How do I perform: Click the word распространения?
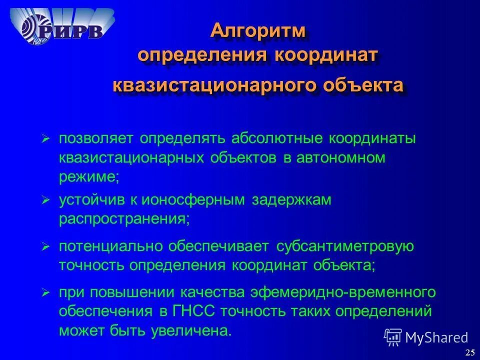[124, 218]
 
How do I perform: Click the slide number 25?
[469, 352]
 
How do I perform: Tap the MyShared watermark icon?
[393, 337]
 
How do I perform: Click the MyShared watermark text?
[437, 337]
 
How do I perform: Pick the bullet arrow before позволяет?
[45, 138]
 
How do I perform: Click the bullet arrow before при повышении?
[45, 292]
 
